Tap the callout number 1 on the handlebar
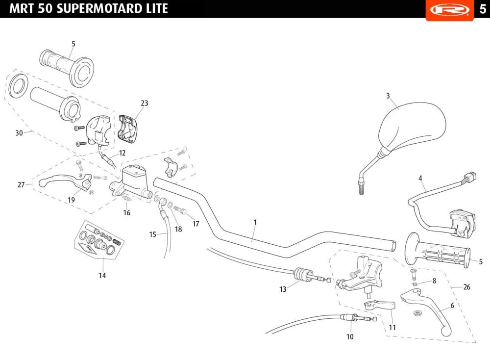[255, 222]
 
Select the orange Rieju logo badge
[450, 10]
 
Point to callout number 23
[145, 103]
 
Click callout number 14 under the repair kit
[102, 276]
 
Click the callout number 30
[19, 133]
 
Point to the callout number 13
[283, 289]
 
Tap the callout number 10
[350, 336]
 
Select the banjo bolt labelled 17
[180, 209]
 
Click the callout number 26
[466, 287]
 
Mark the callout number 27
[21, 185]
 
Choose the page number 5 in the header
[483, 9]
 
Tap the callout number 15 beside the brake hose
[152, 234]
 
